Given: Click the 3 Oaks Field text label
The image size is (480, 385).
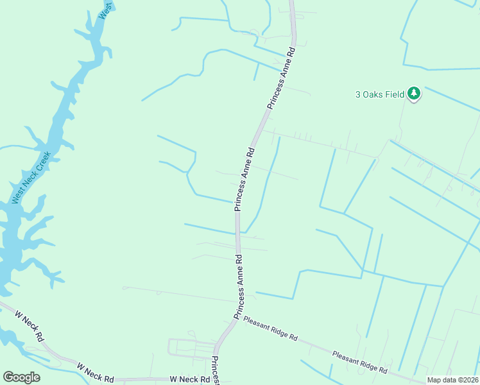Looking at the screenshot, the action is tap(380, 94).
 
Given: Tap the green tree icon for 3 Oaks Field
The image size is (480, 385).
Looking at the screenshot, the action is tap(414, 94).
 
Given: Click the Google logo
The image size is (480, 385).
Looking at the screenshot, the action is tap(22, 377).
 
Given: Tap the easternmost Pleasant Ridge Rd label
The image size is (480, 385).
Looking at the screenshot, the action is tap(359, 362).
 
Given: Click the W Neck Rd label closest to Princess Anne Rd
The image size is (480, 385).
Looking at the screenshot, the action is tap(190, 379).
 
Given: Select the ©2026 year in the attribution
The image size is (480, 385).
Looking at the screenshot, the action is tap(467, 380).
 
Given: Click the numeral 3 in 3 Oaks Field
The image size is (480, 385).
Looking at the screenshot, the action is tap(358, 94).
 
